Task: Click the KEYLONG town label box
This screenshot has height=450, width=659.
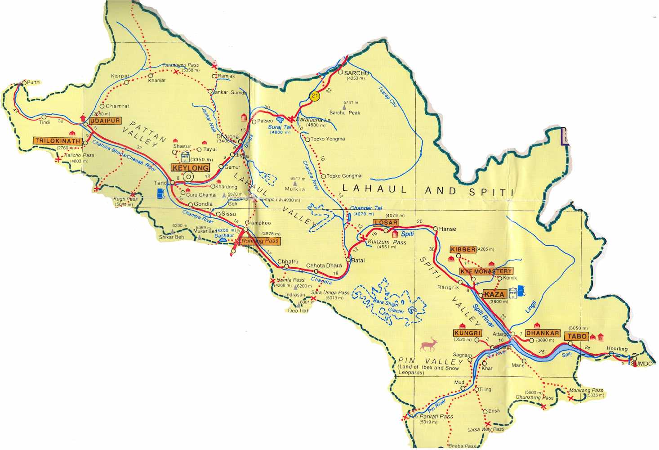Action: click(191, 168)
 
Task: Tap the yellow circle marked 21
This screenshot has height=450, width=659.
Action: click(315, 96)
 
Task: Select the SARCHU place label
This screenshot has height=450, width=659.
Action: click(356, 73)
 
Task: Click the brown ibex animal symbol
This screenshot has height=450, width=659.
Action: click(429, 345)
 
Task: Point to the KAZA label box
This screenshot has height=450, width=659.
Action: click(494, 294)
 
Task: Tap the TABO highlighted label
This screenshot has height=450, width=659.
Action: click(577, 336)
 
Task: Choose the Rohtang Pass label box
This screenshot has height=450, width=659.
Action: click(260, 241)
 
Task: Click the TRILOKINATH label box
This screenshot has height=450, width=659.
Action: click(58, 141)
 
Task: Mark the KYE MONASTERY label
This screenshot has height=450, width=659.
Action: click(486, 271)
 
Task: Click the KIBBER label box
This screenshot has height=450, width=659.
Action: click(463, 249)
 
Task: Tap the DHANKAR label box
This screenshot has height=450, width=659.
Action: click(543, 333)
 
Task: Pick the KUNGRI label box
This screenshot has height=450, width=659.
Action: click(468, 333)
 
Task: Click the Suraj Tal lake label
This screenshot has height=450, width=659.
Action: click(280, 127)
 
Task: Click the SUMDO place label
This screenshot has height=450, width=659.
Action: click(641, 364)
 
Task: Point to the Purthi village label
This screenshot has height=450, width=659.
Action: click(34, 82)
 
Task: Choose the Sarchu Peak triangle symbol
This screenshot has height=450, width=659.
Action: click(345, 108)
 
